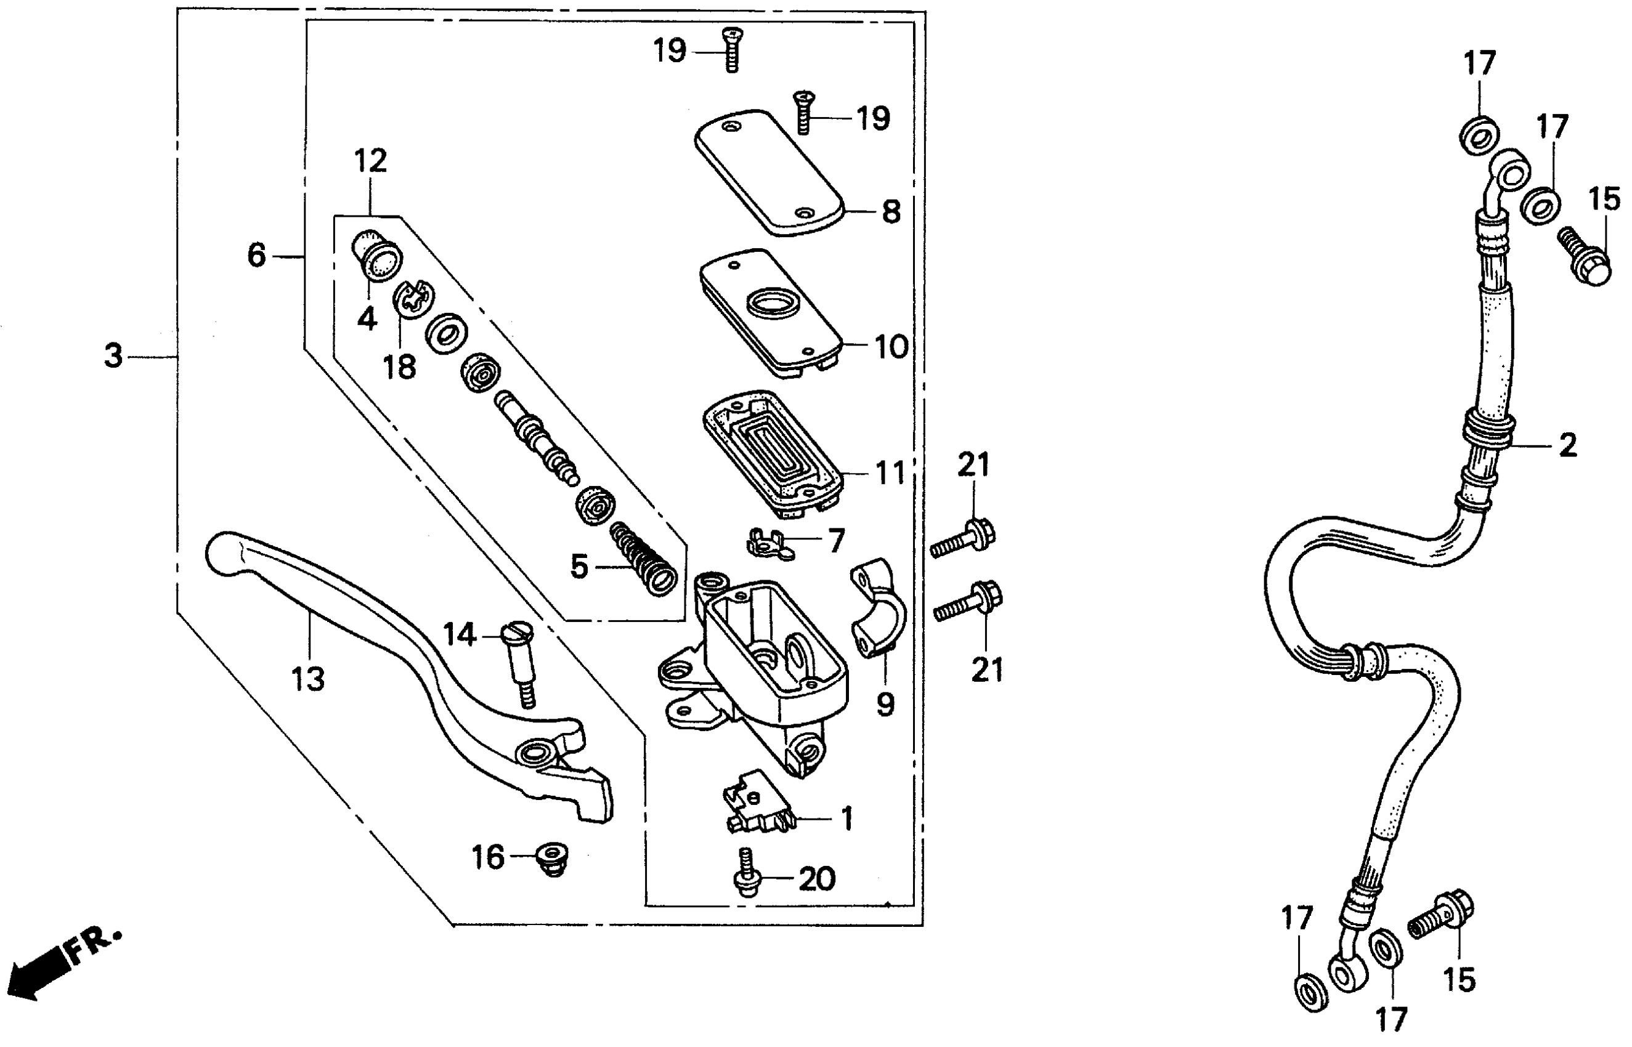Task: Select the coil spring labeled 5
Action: [643, 559]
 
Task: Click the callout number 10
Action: [891, 347]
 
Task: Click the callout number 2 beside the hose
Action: [1567, 446]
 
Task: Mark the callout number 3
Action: [113, 355]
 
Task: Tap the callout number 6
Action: [256, 256]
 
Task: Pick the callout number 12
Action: [371, 161]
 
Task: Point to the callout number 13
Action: [308, 679]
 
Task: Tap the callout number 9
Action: [885, 705]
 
